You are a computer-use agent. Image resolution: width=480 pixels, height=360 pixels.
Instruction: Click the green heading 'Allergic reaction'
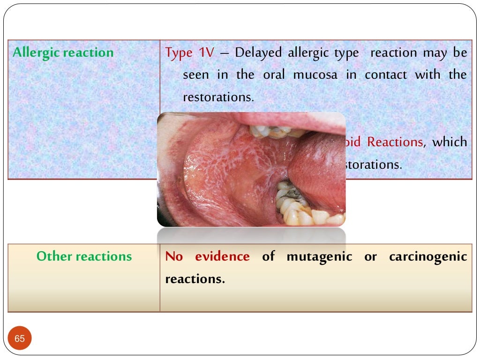pos(63,52)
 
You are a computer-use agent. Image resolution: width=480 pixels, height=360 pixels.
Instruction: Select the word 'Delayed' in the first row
pos(258,52)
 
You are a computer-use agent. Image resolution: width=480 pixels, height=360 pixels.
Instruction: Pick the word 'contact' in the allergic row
pos(387,75)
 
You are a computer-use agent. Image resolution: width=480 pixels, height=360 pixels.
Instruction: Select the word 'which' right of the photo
pos(450,142)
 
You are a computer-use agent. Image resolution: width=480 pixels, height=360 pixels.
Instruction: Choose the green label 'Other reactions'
pos(84,256)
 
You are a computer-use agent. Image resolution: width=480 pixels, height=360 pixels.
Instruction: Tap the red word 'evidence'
pos(222,256)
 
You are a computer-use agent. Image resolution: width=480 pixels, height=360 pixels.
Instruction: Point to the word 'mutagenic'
pos(319,256)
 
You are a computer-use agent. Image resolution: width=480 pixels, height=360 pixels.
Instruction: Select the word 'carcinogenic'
pos(428,256)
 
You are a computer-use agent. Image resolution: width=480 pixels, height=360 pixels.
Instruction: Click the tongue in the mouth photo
pos(319,169)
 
